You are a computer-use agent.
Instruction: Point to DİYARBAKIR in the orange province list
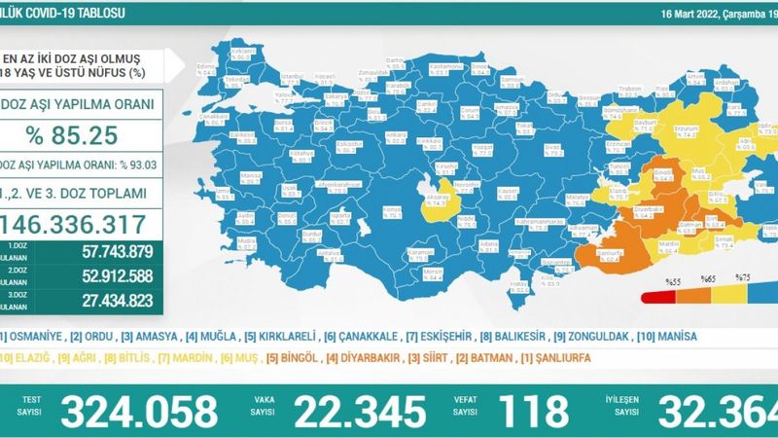tap(368, 357)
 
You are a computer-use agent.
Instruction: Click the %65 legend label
tap(707, 280)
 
